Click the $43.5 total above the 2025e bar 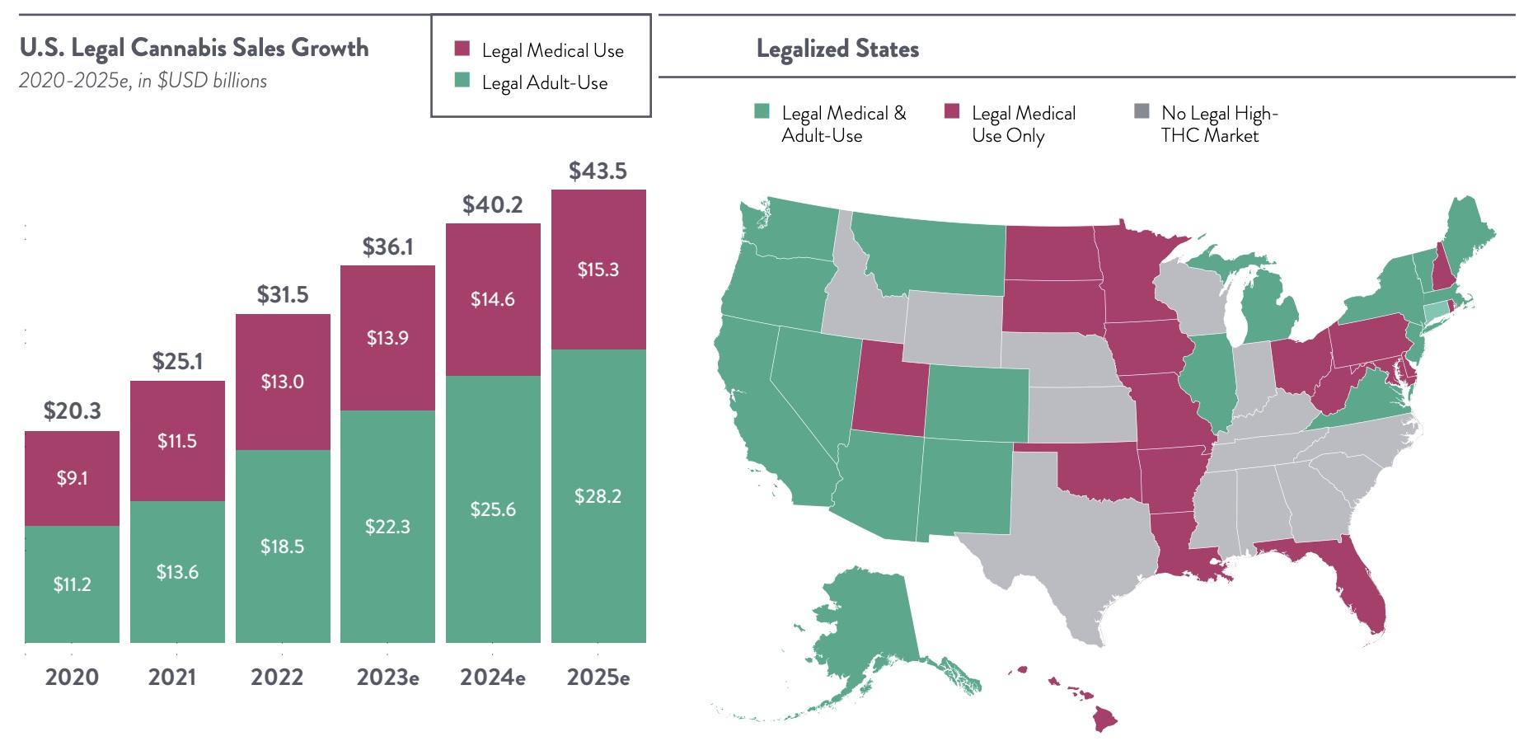pos(598,171)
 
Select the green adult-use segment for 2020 pos(72,584)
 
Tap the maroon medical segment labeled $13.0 pos(282,382)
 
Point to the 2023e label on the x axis pos(387,678)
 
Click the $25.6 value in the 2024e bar pos(493,509)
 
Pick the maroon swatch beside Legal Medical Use pos(462,49)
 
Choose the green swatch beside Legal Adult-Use pos(462,81)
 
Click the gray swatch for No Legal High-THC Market pos(1142,111)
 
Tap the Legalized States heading pos(837,49)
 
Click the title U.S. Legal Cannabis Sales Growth pos(194,48)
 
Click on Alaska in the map pos(865,618)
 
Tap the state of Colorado pos(977,404)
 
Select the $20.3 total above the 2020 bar pos(72,410)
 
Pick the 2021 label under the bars pos(172,678)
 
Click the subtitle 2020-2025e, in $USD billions pos(143,81)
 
